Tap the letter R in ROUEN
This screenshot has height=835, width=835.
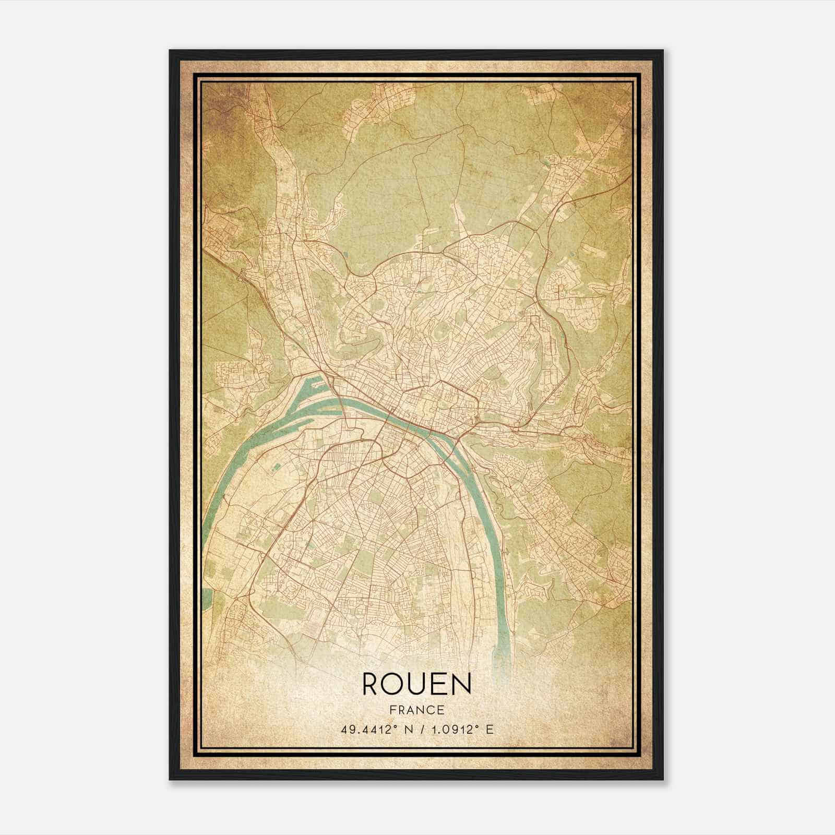(x=372, y=684)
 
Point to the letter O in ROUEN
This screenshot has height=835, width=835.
(x=395, y=684)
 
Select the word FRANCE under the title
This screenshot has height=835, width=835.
(x=416, y=710)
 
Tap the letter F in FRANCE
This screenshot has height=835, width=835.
(x=392, y=710)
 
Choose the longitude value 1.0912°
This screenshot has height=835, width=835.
(x=453, y=730)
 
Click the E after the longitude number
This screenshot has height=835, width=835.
(x=489, y=730)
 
